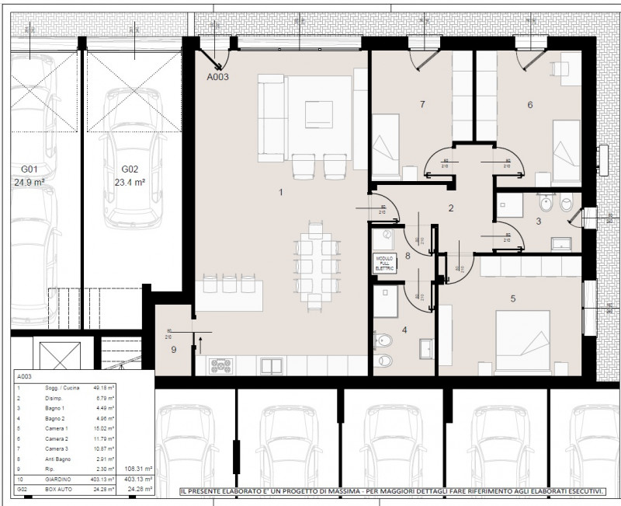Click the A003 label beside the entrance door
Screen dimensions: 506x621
(x=217, y=77)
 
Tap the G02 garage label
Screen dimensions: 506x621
(x=130, y=169)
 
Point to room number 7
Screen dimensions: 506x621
(x=422, y=103)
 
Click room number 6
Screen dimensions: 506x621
(x=529, y=105)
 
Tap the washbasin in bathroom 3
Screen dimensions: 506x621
(x=560, y=243)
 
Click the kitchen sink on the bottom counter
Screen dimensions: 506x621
(x=272, y=365)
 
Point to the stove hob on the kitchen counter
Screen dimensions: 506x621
(x=220, y=366)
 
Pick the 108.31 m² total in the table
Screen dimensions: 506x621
(x=139, y=470)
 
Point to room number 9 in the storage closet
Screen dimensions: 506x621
(x=174, y=350)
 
